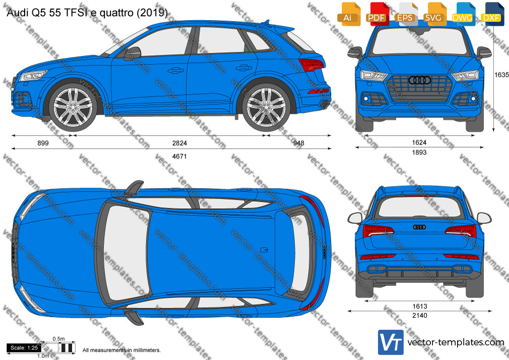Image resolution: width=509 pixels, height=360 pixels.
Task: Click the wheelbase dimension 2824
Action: pos(179,143)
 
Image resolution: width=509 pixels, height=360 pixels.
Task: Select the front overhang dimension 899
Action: pos(43,143)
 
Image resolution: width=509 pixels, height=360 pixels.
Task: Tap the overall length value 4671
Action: pos(179,156)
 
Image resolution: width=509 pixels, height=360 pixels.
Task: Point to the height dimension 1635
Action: pos(501,75)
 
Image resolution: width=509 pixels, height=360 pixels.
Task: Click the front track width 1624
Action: pos(419,142)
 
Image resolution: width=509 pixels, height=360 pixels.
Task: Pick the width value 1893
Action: pos(419,152)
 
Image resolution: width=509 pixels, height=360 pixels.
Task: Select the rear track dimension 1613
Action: pos(420,306)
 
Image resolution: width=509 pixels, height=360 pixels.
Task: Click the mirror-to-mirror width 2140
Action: pos(420,315)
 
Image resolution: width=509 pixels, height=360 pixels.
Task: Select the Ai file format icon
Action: pos(349,14)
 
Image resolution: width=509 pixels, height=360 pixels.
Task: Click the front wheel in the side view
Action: pos(73,107)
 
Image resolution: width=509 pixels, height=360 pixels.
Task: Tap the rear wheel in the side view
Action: pos(266,107)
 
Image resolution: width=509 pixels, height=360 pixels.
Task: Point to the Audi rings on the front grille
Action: pos(419,80)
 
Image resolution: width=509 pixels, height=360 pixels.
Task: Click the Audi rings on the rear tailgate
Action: pos(419,227)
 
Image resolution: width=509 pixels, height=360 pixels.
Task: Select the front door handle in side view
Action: pos(175,70)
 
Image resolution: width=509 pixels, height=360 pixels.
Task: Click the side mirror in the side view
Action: pos(133,53)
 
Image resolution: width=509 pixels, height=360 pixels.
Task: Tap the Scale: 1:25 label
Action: pos(24,348)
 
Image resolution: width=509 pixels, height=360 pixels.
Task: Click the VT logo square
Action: pos(391,342)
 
